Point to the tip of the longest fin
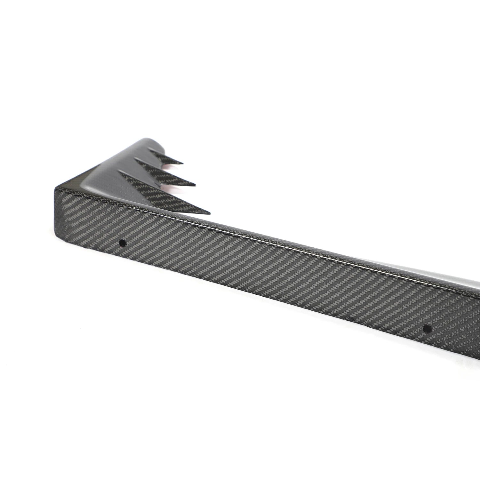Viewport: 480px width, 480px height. click(210, 213)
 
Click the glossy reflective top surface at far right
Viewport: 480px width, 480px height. click(461, 275)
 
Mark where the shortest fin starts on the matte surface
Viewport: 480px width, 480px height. click(150, 149)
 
